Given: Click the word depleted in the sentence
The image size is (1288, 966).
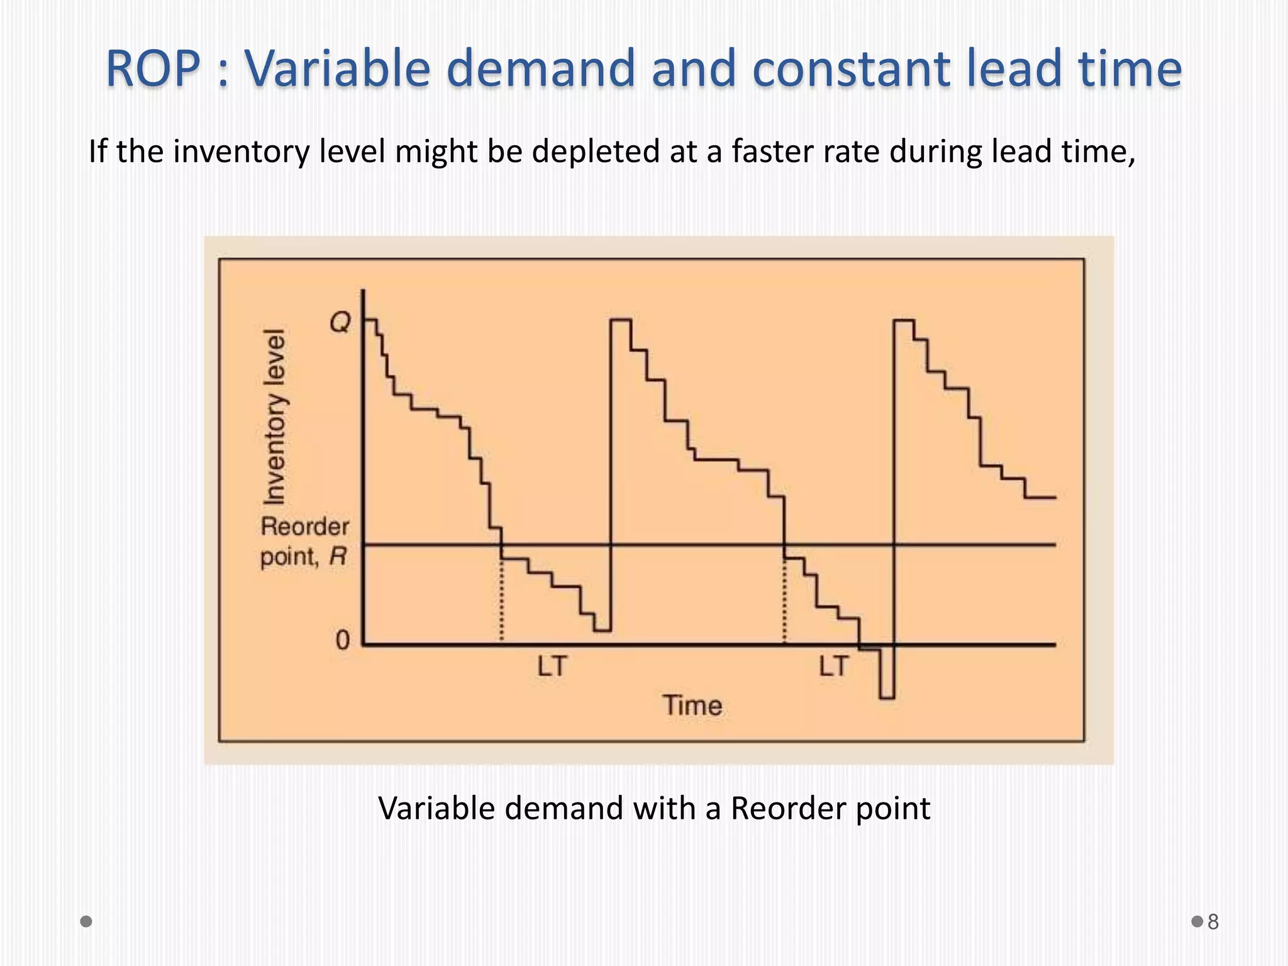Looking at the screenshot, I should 594,152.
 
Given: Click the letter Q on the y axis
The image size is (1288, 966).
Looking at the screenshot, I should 340,323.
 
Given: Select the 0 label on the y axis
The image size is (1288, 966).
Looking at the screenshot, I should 342,640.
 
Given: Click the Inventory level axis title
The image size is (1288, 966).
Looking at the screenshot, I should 274,416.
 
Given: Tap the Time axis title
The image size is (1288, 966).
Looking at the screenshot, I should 692,706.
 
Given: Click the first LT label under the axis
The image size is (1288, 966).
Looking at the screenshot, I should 552,666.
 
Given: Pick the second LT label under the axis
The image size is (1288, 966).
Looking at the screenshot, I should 834,666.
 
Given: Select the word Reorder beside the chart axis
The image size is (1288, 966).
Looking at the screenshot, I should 305,526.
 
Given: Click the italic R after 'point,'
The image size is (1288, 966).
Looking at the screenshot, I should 338,556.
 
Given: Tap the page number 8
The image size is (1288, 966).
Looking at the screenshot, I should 1213,922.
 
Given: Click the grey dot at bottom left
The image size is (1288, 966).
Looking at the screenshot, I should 86,921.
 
